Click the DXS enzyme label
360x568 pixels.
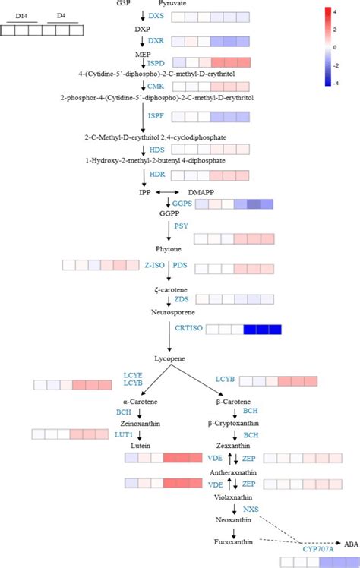(x=156, y=16)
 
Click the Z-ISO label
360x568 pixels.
(x=153, y=265)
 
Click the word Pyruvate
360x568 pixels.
(x=172, y=4)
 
